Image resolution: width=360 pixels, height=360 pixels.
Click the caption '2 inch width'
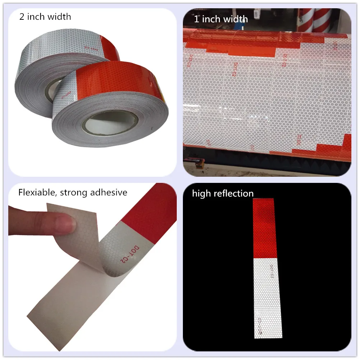(45, 17)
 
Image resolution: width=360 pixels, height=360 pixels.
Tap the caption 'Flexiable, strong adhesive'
(73, 192)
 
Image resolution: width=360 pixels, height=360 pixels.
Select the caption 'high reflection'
(223, 194)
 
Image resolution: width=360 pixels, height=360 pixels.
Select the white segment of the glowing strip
(267, 295)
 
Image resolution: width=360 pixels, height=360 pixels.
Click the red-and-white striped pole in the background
(322, 20)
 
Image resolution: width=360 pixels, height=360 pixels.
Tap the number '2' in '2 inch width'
(22, 17)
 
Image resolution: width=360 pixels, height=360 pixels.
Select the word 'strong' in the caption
(74, 193)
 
